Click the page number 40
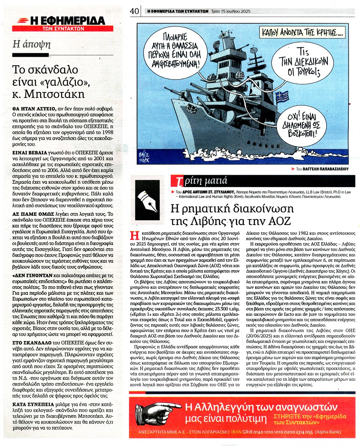[x=135, y=11]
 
